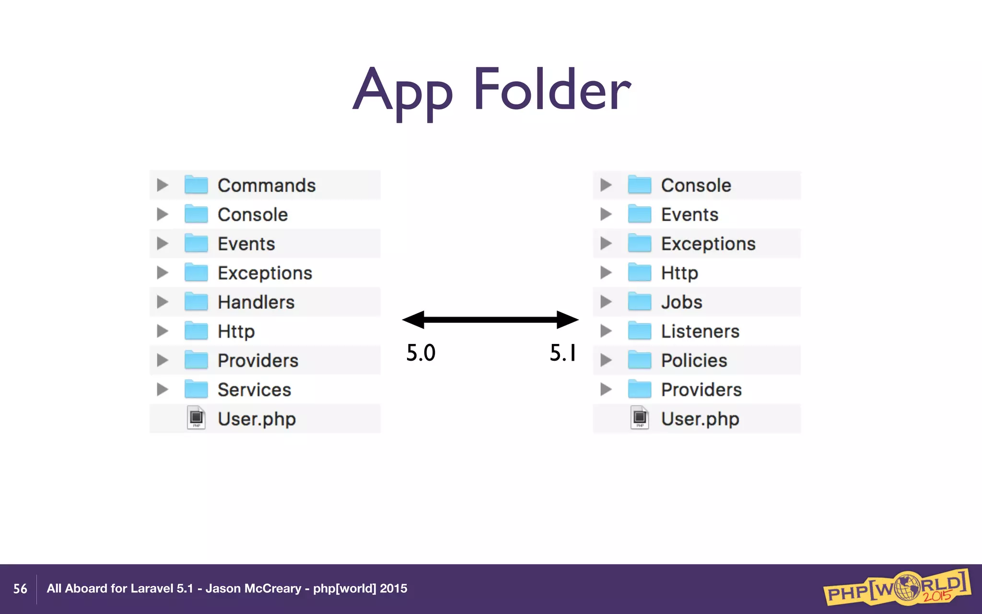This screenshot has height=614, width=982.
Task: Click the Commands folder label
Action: (267, 186)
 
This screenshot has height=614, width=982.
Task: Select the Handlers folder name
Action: (256, 302)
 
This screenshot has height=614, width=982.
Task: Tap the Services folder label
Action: (254, 390)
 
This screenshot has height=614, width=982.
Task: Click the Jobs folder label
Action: (681, 302)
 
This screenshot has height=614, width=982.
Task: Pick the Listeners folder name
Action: (700, 331)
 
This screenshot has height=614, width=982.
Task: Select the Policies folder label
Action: (694, 361)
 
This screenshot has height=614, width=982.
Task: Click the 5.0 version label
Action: (421, 353)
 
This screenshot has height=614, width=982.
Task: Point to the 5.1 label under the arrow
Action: (563, 353)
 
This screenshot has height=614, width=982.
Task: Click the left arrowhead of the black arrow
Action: (413, 319)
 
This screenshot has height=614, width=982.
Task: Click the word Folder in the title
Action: (552, 90)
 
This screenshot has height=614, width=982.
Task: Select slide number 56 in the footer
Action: (20, 589)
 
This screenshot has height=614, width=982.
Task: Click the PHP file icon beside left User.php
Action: (196, 418)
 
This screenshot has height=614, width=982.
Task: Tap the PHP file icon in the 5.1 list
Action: (640, 418)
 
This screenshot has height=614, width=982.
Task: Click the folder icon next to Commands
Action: (196, 185)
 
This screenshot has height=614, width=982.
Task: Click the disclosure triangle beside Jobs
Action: (606, 302)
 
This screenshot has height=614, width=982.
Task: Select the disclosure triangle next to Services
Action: (163, 390)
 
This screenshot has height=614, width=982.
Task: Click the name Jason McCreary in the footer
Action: (253, 589)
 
